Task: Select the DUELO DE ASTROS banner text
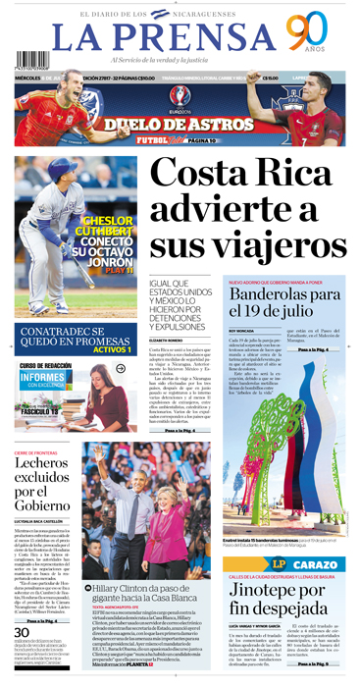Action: coord(179,124)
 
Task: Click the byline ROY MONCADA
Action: coord(239,331)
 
